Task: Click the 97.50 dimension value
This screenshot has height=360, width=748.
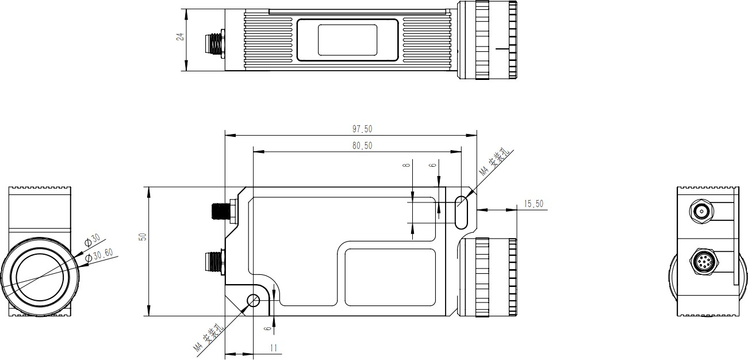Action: [362, 129]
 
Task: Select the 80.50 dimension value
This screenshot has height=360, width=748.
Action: [362, 145]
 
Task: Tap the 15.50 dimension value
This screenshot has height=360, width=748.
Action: [534, 204]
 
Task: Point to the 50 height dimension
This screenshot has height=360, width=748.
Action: [143, 237]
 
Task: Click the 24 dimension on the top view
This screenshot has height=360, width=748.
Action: [181, 36]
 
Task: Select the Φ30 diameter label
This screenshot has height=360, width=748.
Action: [92, 240]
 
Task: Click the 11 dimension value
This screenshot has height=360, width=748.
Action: [274, 348]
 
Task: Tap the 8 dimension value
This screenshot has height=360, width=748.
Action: [406, 165]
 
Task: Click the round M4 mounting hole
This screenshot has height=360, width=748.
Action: [254, 301]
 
